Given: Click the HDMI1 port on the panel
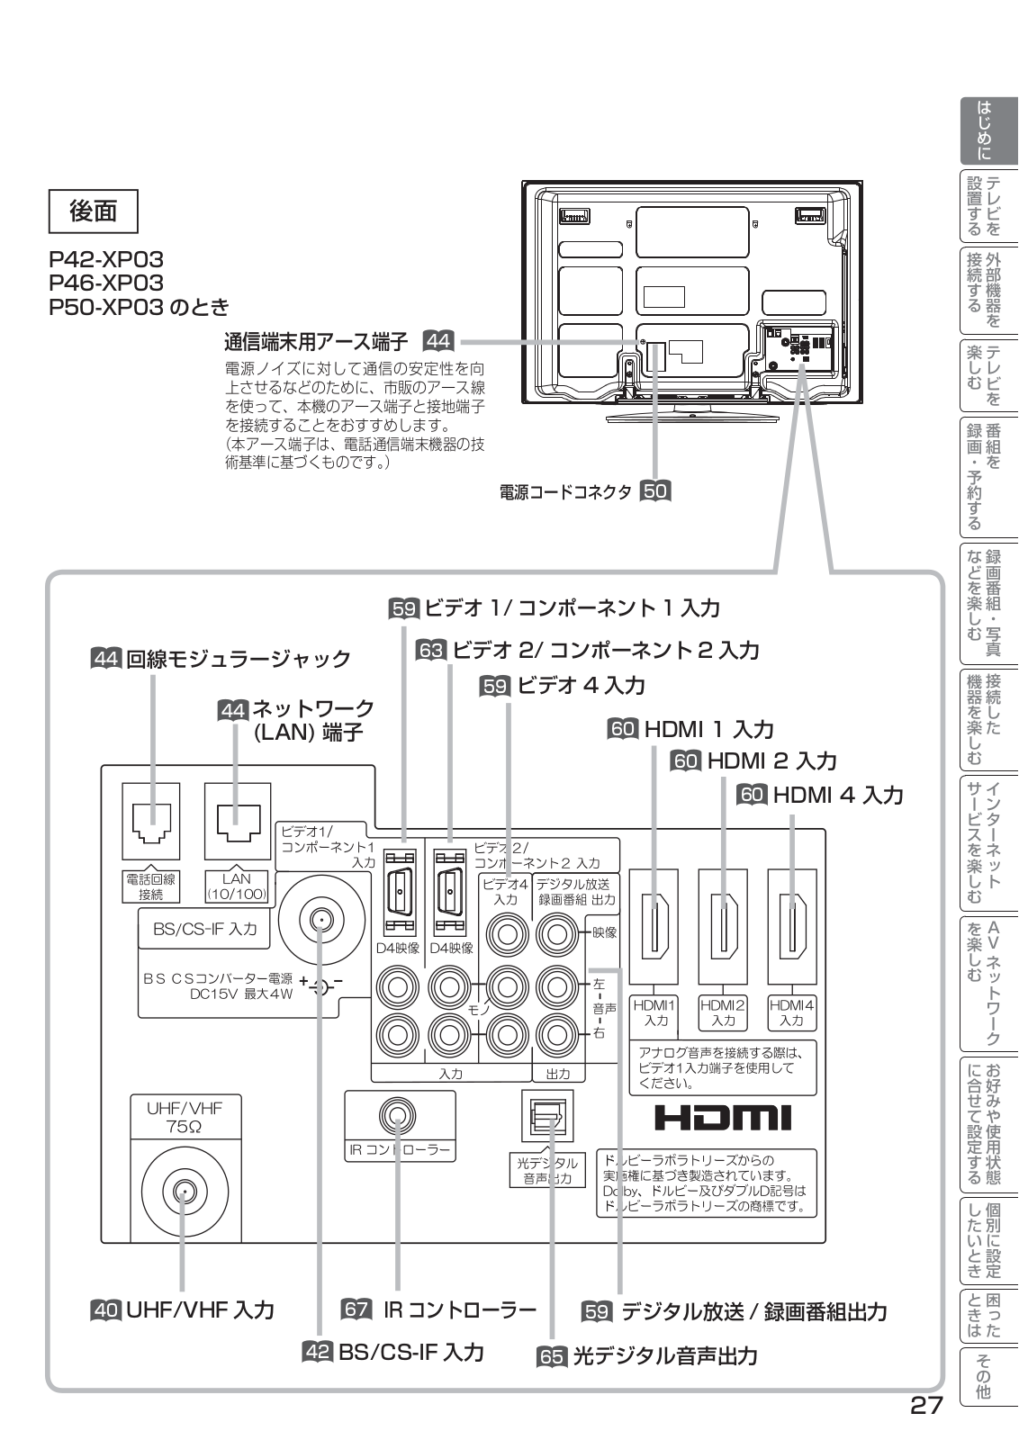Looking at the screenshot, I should tap(654, 926).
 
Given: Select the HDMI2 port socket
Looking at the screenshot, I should tap(723, 926).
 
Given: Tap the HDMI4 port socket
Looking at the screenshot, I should tap(792, 926).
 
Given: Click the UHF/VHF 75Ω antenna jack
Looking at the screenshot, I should tap(184, 1193).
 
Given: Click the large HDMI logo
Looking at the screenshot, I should tap(723, 1118).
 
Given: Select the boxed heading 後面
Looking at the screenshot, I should tap(94, 211).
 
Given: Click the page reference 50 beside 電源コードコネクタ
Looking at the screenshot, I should tap(655, 490).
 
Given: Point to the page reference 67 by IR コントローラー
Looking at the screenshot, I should tap(356, 1309).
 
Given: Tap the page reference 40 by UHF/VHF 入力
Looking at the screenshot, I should tap(106, 1309).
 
